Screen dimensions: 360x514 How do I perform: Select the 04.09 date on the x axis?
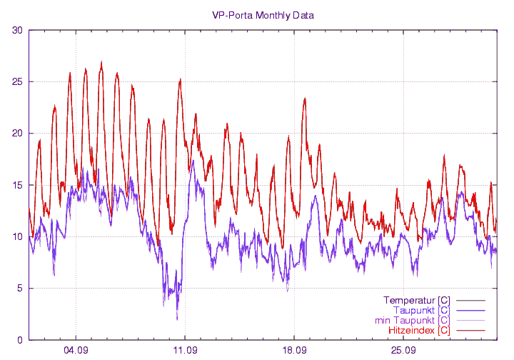point(76,351)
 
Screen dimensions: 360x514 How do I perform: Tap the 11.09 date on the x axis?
point(185,351)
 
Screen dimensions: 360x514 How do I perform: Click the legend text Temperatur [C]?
point(416,299)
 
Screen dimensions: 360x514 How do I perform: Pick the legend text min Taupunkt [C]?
point(412,320)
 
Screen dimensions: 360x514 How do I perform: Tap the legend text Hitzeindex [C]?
point(419,331)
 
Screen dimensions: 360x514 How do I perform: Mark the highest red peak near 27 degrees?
point(101,63)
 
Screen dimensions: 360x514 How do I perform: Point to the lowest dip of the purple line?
point(177,319)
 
